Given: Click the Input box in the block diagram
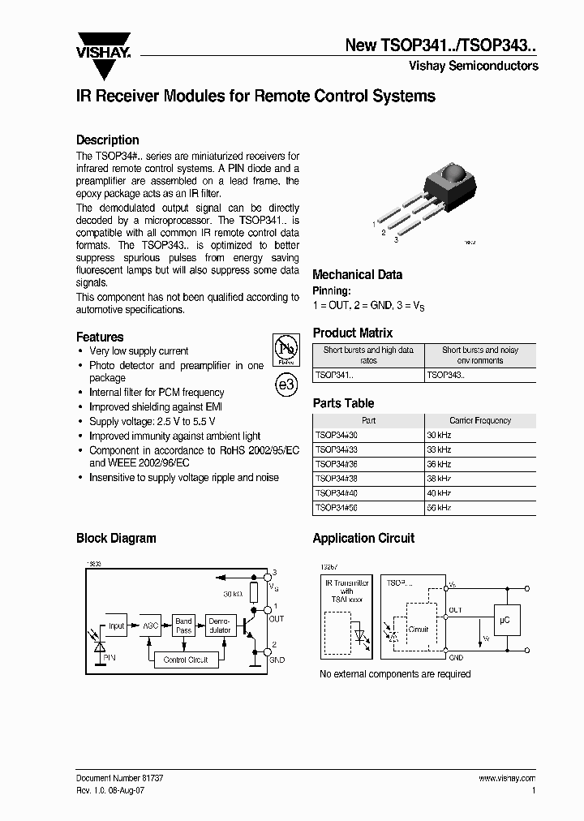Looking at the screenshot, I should [x=117, y=625].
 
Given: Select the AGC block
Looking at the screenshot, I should [x=151, y=625].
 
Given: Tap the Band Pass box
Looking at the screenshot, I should [x=184, y=625].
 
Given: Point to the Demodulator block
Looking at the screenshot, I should [x=219, y=625].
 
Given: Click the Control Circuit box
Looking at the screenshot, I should [x=186, y=660].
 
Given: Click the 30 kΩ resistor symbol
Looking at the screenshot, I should [x=254, y=591].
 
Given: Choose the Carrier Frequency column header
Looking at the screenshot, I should [x=480, y=420].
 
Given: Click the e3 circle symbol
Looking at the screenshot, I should [x=286, y=385].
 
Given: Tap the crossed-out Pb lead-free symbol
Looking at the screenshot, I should [x=286, y=348].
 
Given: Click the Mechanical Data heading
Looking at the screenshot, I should [x=357, y=274].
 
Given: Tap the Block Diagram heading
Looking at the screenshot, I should [x=116, y=538].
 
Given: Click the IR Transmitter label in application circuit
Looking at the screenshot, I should [x=346, y=582].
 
